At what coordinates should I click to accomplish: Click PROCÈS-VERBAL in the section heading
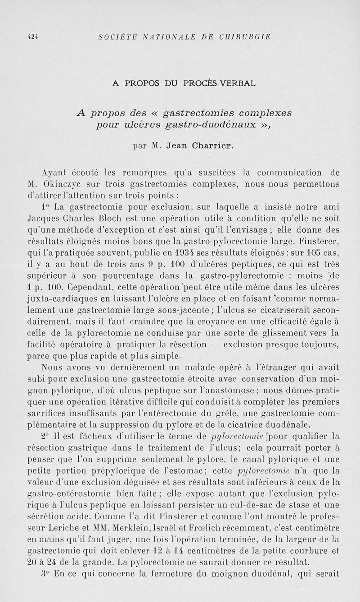click(220, 83)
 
